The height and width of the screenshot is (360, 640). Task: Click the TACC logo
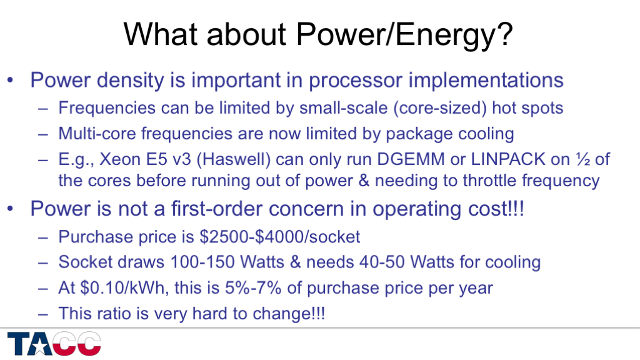tap(54, 344)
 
